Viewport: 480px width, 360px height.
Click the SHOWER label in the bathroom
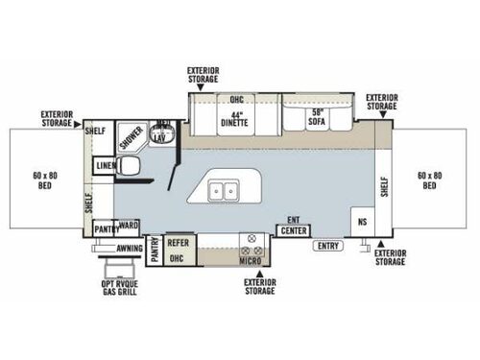tap(132, 137)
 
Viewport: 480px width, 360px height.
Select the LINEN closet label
tap(105, 166)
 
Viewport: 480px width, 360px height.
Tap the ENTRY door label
tap(326, 247)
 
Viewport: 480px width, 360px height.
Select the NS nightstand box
tap(361, 220)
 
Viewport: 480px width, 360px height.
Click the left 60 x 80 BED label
tap(44, 180)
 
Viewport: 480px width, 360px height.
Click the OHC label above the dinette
tap(236, 99)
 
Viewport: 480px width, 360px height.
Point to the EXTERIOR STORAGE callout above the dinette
tap(205, 75)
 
